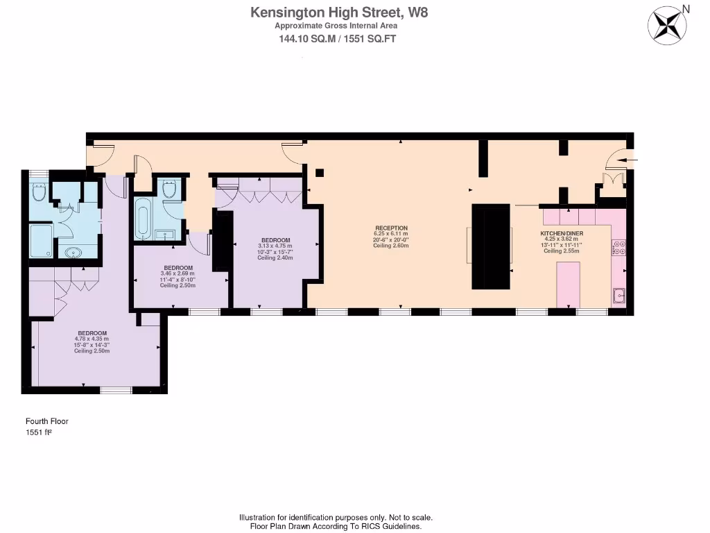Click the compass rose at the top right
tap(667, 25)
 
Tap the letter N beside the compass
tap(686, 9)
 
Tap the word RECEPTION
tap(391, 228)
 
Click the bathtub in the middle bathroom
tap(144, 218)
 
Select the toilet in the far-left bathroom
tap(40, 192)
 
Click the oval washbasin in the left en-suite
tap(71, 253)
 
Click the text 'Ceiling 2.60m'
tap(391, 246)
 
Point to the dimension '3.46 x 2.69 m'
tap(178, 273)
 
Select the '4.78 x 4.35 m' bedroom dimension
tap(92, 339)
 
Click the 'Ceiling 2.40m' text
tap(275, 257)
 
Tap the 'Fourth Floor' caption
tap(47, 421)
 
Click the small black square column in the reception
tap(320, 173)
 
